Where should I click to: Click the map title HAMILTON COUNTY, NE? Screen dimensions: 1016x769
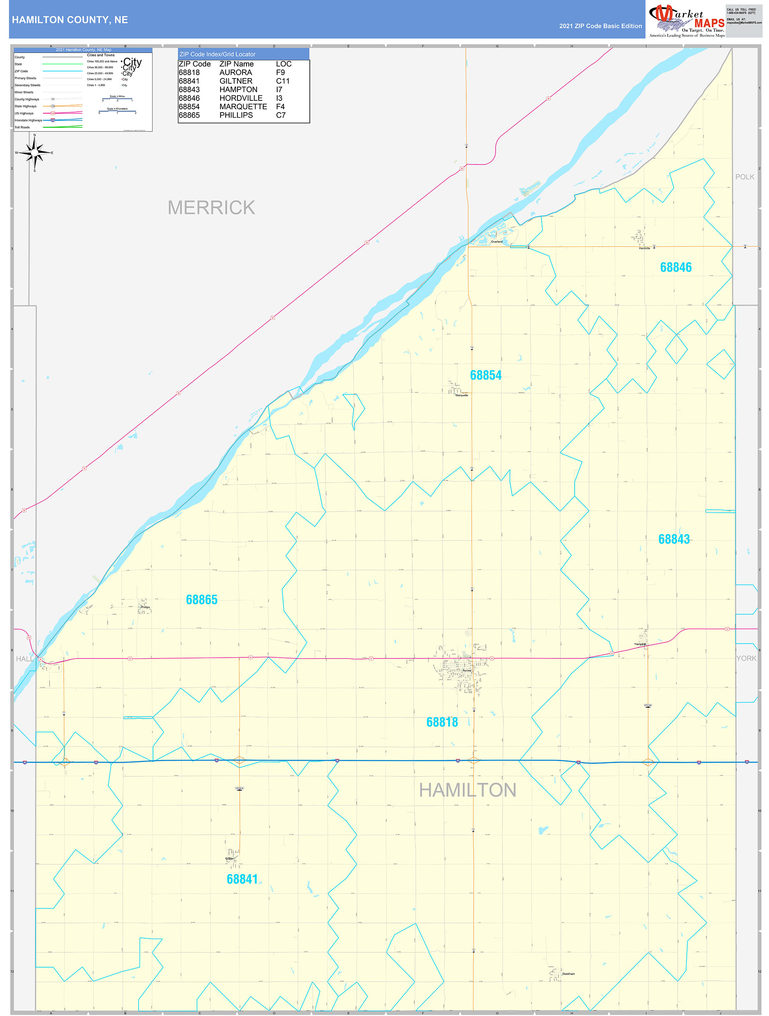click(x=70, y=20)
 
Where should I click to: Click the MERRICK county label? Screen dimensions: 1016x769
click(x=211, y=207)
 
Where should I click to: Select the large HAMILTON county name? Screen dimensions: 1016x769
click(x=467, y=790)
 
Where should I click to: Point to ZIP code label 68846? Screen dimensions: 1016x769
click(x=675, y=267)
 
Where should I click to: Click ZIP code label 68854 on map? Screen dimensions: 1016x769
click(x=485, y=375)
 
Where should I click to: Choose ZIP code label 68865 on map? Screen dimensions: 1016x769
click(x=201, y=599)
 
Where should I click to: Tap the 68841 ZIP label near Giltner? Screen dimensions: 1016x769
click(x=242, y=879)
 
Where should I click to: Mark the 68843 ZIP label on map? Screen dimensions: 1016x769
click(x=674, y=539)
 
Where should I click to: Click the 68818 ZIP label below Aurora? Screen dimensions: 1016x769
click(x=442, y=722)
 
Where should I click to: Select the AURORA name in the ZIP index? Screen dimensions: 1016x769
click(x=235, y=73)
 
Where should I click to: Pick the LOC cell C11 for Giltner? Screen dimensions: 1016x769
click(x=283, y=81)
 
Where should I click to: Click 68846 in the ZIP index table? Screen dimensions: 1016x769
click(x=189, y=98)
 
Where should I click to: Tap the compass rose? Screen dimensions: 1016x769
click(x=34, y=153)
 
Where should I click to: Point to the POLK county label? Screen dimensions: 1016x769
click(x=744, y=177)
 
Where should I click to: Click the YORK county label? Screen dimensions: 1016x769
click(x=746, y=658)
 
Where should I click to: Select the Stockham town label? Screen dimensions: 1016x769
click(x=568, y=974)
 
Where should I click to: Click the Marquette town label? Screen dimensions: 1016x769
click(x=462, y=395)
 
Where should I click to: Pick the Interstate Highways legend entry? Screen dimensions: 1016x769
click(x=28, y=120)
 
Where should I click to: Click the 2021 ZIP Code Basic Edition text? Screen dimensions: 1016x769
click(x=600, y=26)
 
